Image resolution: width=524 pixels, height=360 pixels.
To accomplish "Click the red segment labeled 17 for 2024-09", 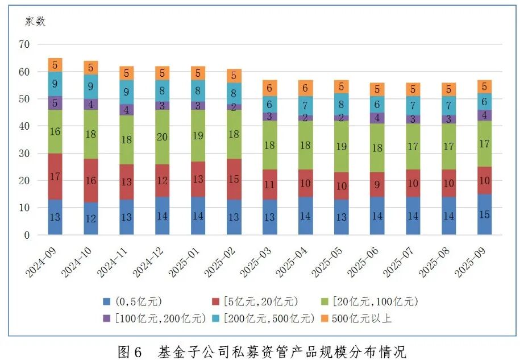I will [x=55, y=176].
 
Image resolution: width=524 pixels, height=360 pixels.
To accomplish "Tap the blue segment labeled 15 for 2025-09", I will [x=485, y=215].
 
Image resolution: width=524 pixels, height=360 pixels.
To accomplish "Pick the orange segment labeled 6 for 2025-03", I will [x=270, y=88].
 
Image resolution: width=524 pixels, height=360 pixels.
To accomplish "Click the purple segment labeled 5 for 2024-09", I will [x=55, y=104].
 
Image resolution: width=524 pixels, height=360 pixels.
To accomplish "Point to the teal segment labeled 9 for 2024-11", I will [x=127, y=92].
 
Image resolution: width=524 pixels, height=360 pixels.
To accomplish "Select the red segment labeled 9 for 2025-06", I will [x=377, y=184].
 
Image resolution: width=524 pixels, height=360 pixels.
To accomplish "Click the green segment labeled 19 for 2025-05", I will [x=342, y=146].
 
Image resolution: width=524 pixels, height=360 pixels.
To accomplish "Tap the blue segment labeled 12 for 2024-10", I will [x=91, y=219].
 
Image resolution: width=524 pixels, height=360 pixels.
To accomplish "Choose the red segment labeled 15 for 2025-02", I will [x=234, y=179].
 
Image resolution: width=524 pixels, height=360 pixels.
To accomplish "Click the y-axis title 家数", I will [x=35, y=22].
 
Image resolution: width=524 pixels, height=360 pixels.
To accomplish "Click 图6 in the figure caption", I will [x=130, y=350].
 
